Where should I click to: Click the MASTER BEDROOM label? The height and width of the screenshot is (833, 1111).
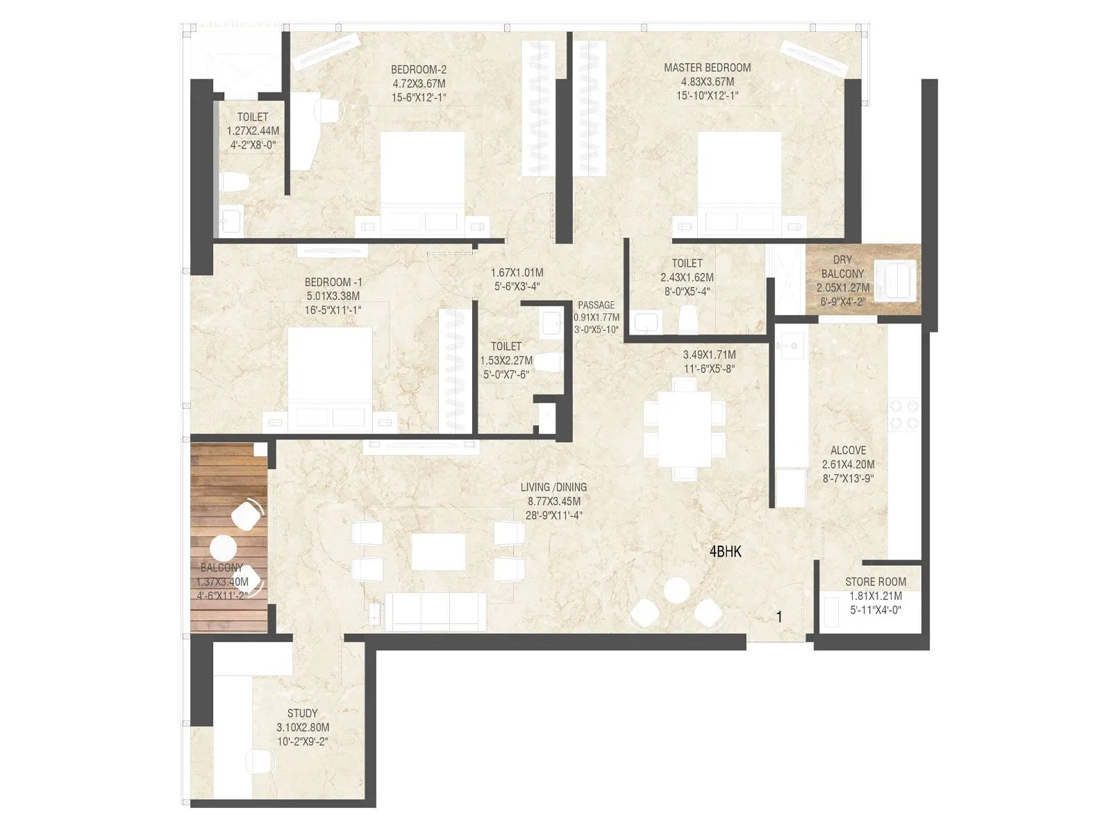707,68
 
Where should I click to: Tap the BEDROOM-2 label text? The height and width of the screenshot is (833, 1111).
418,69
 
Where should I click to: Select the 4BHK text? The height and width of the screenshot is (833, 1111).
726,552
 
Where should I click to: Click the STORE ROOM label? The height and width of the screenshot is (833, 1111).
875,582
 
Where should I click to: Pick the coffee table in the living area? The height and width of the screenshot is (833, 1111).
438,551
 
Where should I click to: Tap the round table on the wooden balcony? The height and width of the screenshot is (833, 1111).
224,548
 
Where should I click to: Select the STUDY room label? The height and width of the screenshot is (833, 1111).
302,714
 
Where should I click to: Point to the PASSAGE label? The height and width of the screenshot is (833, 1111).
596,305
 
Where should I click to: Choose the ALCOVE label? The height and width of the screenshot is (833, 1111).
848,451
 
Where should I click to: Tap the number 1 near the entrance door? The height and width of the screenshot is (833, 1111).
779,616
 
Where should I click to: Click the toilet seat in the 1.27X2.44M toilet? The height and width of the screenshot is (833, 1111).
235,183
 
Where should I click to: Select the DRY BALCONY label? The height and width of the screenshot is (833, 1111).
842,267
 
